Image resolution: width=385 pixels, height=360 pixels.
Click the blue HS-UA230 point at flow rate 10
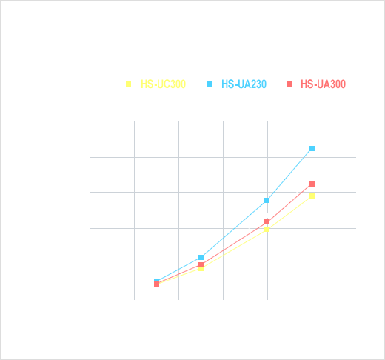tap(312, 149)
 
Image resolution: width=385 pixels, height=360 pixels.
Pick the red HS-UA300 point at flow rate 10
tap(312, 184)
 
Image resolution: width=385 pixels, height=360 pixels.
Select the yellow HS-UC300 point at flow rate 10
tap(312, 196)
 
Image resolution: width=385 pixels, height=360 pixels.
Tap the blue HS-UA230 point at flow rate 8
tap(267, 201)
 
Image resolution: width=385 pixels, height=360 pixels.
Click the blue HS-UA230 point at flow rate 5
tap(201, 258)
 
